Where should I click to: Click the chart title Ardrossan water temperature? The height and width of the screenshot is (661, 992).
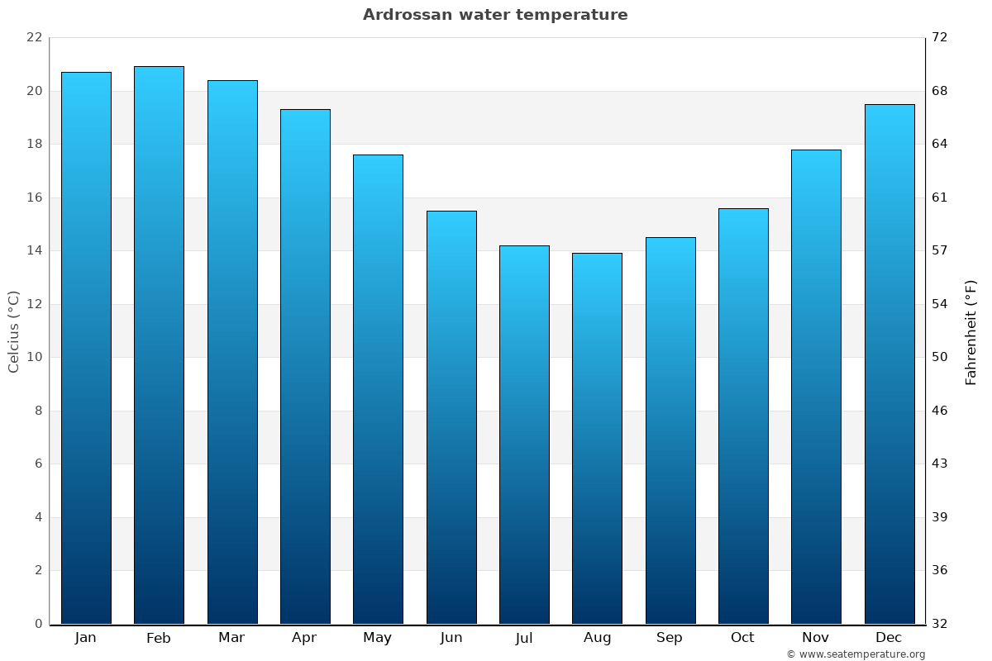pyautogui.click(x=495, y=15)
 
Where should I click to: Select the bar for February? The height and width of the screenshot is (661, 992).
pyautogui.click(x=159, y=345)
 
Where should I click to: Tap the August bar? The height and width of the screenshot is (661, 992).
pyautogui.click(x=597, y=439)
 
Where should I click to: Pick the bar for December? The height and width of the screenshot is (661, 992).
pyautogui.click(x=889, y=364)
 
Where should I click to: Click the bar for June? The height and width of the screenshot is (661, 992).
pyautogui.click(x=451, y=417)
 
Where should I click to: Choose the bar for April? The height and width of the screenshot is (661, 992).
pyautogui.click(x=305, y=367)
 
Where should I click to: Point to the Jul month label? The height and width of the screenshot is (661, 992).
pyautogui.click(x=524, y=638)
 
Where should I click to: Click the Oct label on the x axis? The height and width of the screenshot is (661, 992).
pyautogui.click(x=742, y=638)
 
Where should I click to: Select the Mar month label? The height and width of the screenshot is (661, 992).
pyautogui.click(x=231, y=638)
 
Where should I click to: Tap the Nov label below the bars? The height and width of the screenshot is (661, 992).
pyautogui.click(x=816, y=638)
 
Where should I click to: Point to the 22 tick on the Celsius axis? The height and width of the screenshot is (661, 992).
pyautogui.click(x=34, y=37)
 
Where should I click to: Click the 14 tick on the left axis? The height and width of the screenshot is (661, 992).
pyautogui.click(x=34, y=250)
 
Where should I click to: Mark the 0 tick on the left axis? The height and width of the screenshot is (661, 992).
pyautogui.click(x=38, y=624)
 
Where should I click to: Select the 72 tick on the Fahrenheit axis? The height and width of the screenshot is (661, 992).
pyautogui.click(x=940, y=37)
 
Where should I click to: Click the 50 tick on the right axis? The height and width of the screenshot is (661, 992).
pyautogui.click(x=940, y=357)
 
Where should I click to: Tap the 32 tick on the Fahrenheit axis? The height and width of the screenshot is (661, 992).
pyautogui.click(x=940, y=624)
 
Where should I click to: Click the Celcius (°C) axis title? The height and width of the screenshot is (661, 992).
pyautogui.click(x=13, y=331)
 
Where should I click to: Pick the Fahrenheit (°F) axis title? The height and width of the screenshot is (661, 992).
pyautogui.click(x=971, y=331)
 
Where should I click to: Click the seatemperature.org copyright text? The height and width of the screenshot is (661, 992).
pyautogui.click(x=856, y=654)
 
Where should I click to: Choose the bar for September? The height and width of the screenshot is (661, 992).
pyautogui.click(x=670, y=430)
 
